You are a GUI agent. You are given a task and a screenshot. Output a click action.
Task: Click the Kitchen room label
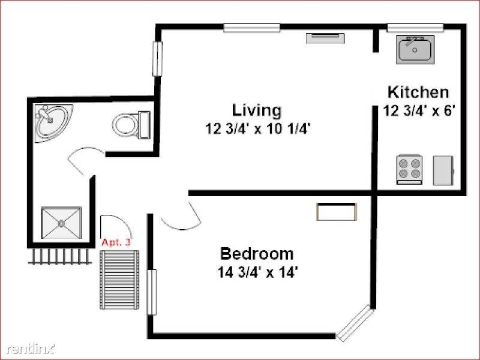(418, 92)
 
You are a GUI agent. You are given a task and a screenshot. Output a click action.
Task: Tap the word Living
(257, 111)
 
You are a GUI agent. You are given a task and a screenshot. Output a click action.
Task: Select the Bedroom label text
(257, 254)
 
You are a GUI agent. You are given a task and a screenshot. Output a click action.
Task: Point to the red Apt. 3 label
(116, 242)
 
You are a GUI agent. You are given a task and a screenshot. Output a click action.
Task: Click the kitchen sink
(415, 50)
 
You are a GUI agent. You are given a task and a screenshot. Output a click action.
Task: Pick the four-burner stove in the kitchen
(409, 170)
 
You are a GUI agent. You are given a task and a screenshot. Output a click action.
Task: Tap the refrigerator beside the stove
(443, 170)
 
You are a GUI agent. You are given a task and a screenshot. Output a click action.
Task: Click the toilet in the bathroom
(131, 125)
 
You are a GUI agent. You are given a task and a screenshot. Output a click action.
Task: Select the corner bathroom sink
(53, 123)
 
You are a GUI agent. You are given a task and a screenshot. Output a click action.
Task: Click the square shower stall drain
(62, 223)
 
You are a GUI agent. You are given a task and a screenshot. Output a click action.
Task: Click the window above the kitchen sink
(415, 28)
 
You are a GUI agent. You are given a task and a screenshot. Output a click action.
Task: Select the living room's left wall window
(157, 58)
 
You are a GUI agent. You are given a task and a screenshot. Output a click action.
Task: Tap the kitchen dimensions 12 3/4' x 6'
(417, 110)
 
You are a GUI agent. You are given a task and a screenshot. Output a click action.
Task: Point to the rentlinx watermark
(30, 349)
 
